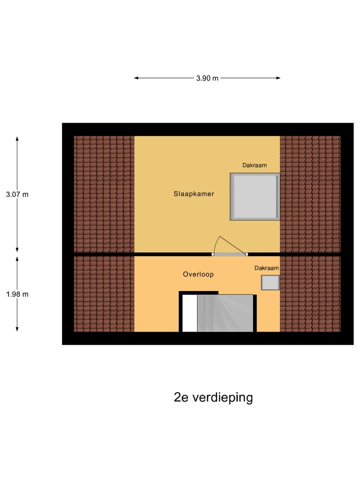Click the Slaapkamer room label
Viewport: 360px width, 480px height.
(x=194, y=194)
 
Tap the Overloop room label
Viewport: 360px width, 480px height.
(x=198, y=274)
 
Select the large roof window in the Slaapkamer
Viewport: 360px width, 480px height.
(x=254, y=196)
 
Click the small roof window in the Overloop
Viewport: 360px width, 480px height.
(x=270, y=282)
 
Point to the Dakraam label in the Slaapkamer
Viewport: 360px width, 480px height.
(x=254, y=165)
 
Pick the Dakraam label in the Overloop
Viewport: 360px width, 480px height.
(x=266, y=268)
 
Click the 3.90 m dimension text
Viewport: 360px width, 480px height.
(x=207, y=78)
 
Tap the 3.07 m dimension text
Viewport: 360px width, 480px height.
(x=17, y=194)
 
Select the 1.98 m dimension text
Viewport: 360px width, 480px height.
(x=17, y=294)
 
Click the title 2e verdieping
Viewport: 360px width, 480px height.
(x=213, y=397)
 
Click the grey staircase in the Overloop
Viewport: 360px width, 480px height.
(x=225, y=313)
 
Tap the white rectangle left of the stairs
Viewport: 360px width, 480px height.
(x=189, y=313)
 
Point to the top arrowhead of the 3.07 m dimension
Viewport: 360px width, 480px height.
(x=17, y=139)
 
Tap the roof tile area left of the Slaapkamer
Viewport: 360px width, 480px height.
(x=104, y=194)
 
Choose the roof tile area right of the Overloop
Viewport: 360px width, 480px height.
(x=310, y=294)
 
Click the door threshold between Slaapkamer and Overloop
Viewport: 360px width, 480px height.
(x=229, y=254)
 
